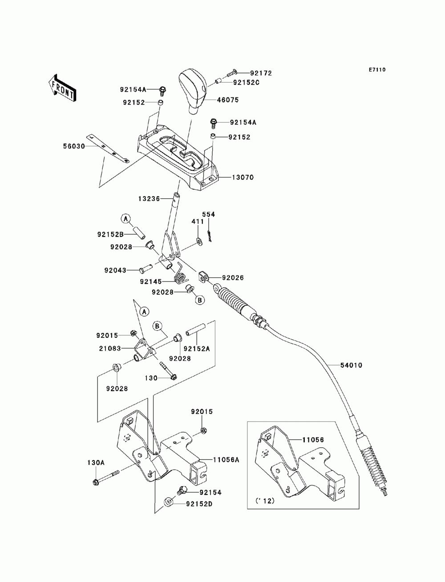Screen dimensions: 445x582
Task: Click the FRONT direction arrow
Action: pyautogui.click(x=62, y=88)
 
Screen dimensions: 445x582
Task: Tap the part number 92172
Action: pyautogui.click(x=261, y=73)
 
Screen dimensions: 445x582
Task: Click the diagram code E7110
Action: pyautogui.click(x=377, y=70)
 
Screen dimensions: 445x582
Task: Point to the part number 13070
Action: pyautogui.click(x=243, y=177)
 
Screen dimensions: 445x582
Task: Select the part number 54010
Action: pyautogui.click(x=351, y=365)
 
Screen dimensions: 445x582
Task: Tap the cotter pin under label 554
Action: pyautogui.click(x=210, y=236)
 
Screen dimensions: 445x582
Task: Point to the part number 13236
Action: pyautogui.click(x=149, y=199)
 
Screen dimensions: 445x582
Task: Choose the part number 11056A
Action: pyautogui.click(x=226, y=460)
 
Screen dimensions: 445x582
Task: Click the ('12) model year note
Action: pyautogui.click(x=265, y=501)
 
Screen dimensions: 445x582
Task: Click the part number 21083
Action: pyautogui.click(x=110, y=349)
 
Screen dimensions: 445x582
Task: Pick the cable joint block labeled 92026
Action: pyautogui.click(x=204, y=277)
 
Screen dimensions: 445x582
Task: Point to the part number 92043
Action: pyautogui.click(x=115, y=270)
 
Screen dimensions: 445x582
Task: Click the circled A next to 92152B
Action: pyautogui.click(x=126, y=219)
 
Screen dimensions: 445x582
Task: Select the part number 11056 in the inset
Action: pyautogui.click(x=313, y=440)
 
